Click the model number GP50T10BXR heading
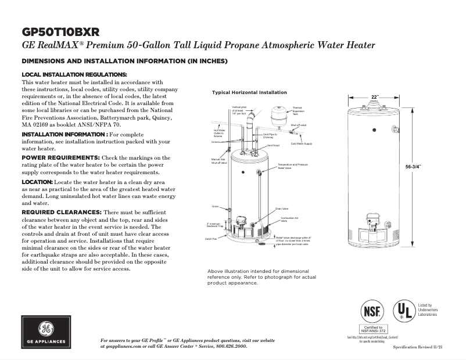pos(60,31)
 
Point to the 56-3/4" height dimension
pos(413,167)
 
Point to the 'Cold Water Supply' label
pos(302,143)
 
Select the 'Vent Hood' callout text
pos(273,145)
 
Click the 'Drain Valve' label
pos(282,208)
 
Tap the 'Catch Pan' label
pos(210,239)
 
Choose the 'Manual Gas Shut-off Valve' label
pos(218,161)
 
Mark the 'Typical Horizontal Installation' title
pos(249,93)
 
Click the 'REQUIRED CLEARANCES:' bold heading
pos(61,212)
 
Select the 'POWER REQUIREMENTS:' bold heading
pos(60,158)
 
